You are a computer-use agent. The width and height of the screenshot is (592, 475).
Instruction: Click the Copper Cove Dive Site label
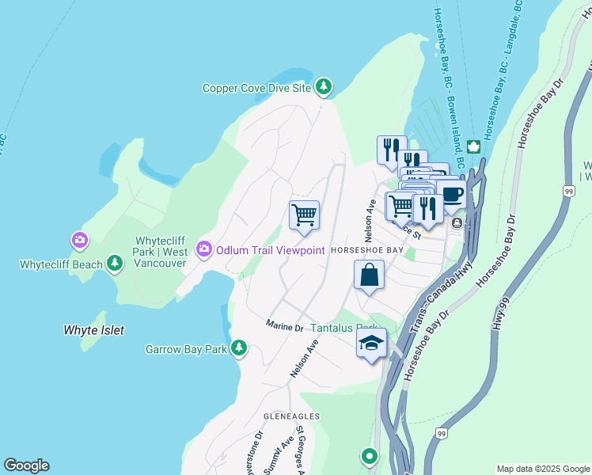tap(257, 88)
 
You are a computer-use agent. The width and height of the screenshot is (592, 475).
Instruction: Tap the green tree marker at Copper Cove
tap(323, 87)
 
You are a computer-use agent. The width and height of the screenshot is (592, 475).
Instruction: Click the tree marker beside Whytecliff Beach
tap(115, 262)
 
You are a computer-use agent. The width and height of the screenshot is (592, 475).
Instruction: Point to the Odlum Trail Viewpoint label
tap(270, 250)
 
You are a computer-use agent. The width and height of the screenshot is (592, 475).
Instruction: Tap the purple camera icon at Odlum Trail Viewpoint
tap(204, 250)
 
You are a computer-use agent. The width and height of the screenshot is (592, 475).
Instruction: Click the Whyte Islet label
tap(93, 329)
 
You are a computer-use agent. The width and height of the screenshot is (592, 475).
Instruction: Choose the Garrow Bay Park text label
tap(186, 349)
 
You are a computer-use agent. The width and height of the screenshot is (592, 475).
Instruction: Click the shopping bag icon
tap(370, 275)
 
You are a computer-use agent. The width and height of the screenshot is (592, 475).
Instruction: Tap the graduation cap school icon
tap(371, 343)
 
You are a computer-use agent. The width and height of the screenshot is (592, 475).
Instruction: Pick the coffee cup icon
tap(451, 195)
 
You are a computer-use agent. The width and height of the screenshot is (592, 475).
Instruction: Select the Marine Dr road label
tap(284, 326)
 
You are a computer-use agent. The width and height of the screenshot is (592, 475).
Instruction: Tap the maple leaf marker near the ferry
tap(473, 146)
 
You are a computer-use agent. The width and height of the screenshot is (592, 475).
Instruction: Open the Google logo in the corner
tap(26, 465)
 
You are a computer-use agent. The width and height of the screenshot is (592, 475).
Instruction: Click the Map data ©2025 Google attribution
tap(542, 469)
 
